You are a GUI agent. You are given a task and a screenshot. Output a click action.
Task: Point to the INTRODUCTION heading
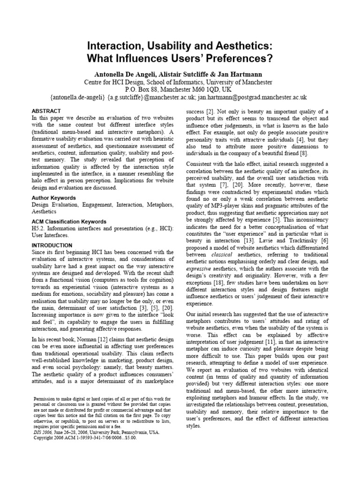pyautogui.click(x=52, y=245)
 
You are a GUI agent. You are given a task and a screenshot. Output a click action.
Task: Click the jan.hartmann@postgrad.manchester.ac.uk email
pyautogui.click(x=252, y=97)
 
